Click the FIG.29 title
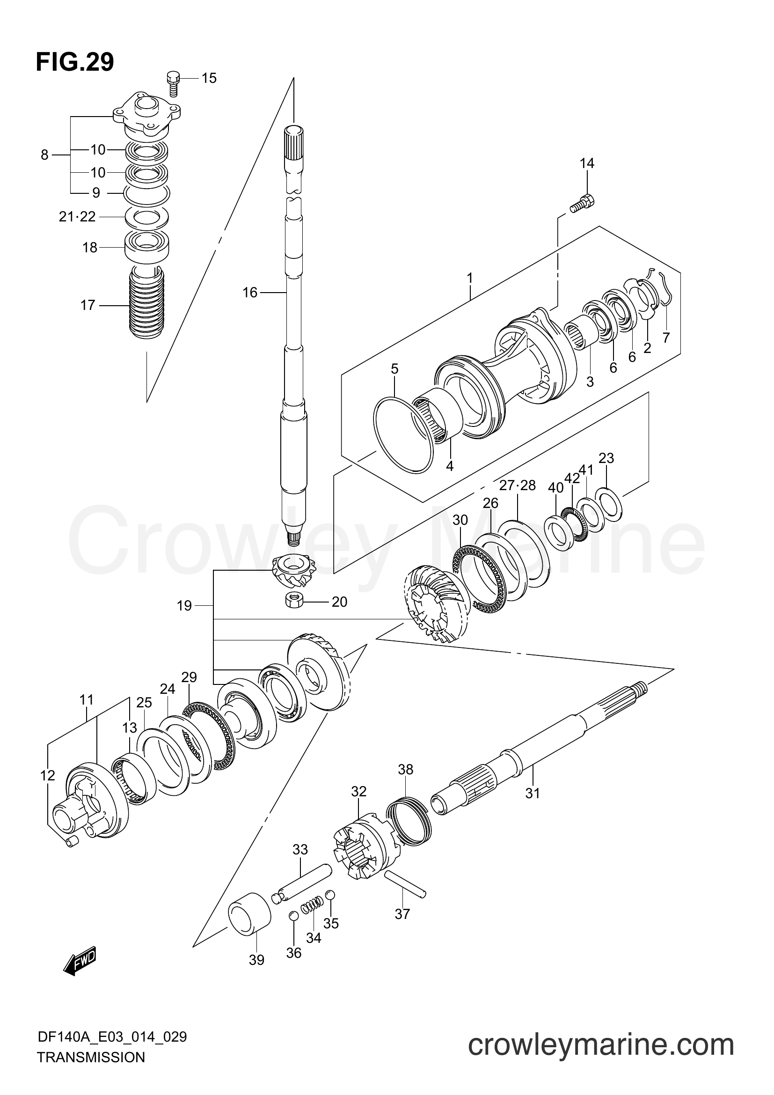tap(75, 62)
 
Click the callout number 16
tap(250, 292)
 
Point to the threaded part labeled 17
tap(147, 303)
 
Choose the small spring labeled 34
tap(312, 904)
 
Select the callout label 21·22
tap(77, 217)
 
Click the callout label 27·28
tap(517, 485)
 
